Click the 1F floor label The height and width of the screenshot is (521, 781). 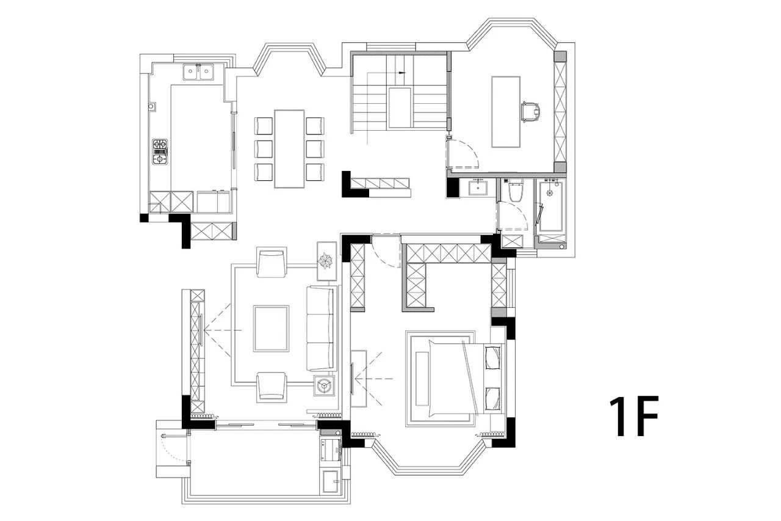(x=633, y=416)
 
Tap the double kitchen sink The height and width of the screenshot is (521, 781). (x=198, y=72)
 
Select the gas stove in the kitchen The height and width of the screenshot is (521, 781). (x=160, y=152)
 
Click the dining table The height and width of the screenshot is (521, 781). (x=289, y=149)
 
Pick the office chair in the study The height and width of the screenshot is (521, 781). (x=531, y=112)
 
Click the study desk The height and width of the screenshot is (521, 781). (x=506, y=112)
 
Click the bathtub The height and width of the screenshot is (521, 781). (x=551, y=206)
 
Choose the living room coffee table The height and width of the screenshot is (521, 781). (x=272, y=329)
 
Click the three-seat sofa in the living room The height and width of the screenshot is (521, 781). (x=320, y=329)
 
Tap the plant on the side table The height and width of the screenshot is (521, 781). (x=326, y=261)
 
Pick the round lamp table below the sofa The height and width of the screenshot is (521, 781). (x=324, y=385)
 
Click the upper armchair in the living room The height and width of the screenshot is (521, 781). (x=272, y=263)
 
